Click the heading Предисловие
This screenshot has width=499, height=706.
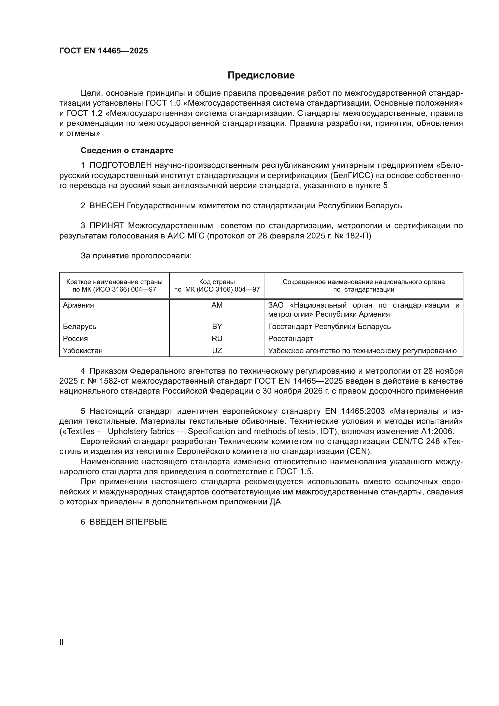click(261, 75)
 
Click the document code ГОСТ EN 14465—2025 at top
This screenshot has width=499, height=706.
click(103, 51)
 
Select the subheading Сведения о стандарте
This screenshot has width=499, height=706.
click(127, 150)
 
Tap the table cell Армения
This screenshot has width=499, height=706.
click(78, 305)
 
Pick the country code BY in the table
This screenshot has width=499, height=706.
click(217, 326)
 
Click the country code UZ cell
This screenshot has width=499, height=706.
click(217, 350)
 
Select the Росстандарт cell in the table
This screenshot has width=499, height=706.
click(290, 339)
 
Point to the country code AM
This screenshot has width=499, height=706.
click(217, 305)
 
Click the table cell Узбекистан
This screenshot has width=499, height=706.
click(83, 350)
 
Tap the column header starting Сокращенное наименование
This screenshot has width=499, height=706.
click(364, 285)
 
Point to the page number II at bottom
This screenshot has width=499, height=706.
click(62, 642)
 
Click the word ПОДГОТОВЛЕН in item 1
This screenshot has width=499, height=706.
click(120, 165)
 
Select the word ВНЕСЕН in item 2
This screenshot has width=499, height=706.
click(106, 206)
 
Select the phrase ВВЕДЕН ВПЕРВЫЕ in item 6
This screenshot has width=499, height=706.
click(128, 522)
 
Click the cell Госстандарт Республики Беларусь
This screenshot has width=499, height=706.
click(329, 326)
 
